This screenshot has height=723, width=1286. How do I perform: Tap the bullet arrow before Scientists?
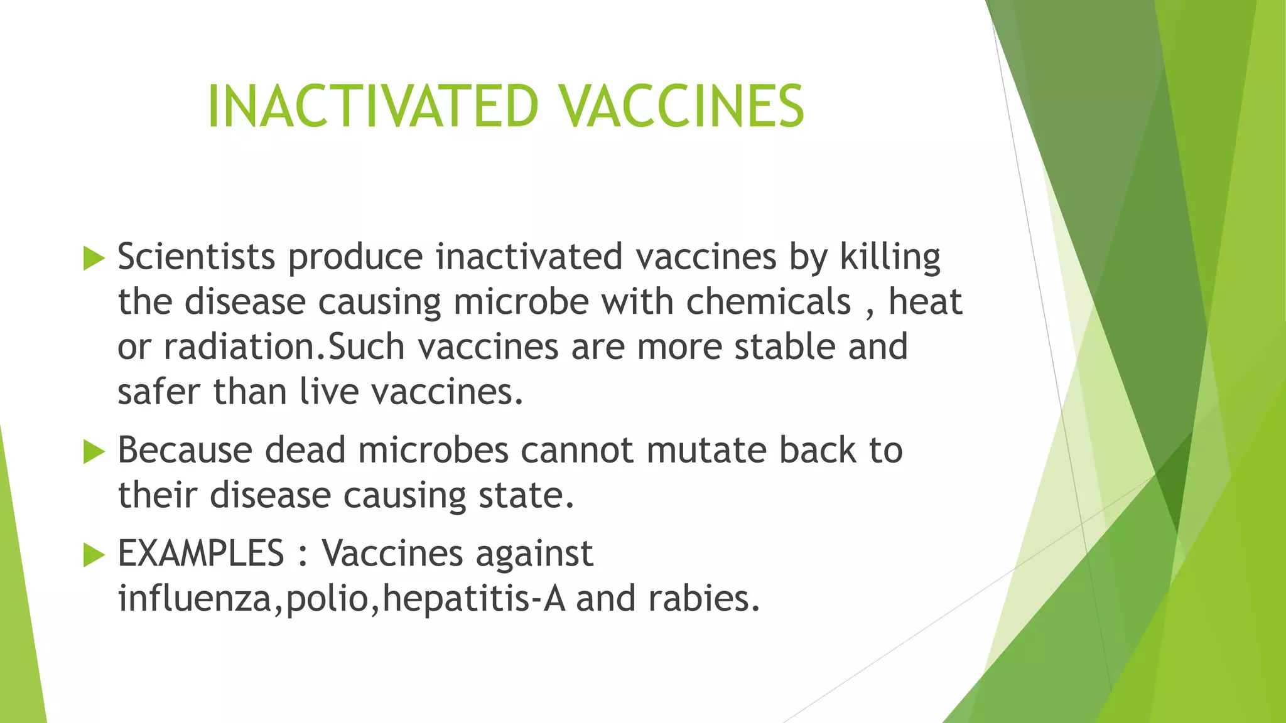[x=94, y=258]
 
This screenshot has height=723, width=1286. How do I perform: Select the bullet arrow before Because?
[x=94, y=451]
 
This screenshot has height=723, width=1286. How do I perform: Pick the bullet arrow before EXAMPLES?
[x=94, y=554]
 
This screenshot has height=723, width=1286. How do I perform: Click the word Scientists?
[x=197, y=257]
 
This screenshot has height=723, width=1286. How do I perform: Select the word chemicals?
[x=769, y=302]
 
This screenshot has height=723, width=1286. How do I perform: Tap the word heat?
[x=925, y=302]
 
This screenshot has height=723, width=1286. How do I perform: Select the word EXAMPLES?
[x=201, y=554]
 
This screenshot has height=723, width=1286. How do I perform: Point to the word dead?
[x=305, y=450]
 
